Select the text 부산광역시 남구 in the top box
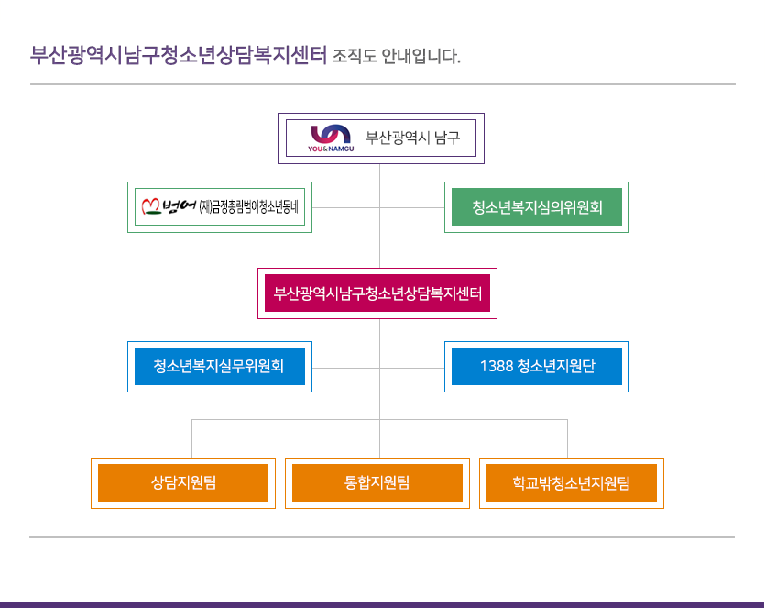pos(413,138)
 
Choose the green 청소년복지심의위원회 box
pos(537,207)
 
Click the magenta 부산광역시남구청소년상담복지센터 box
pos(377,293)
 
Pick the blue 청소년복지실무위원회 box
pos(219,367)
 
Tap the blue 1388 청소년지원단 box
pos(537,367)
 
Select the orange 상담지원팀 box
pos(183,482)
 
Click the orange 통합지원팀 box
pos(377,482)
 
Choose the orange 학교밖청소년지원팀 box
pos(572,482)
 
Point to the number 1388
pos(496,367)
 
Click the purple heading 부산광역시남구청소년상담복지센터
pos(179,55)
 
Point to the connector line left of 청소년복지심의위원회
pos(412,207)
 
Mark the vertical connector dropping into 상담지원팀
pos(191,438)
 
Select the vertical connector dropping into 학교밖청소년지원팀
pos(567,438)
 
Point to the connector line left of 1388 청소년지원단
pos(412,368)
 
